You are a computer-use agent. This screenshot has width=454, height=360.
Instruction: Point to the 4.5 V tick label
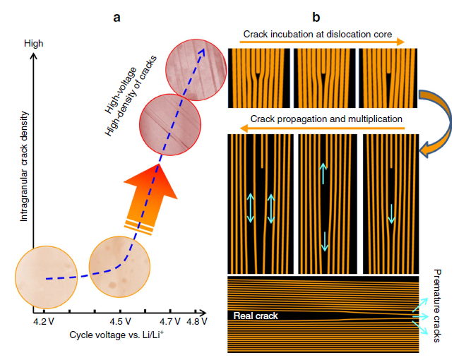[120, 322]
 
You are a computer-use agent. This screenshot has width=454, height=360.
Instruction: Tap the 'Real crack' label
[256, 316]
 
